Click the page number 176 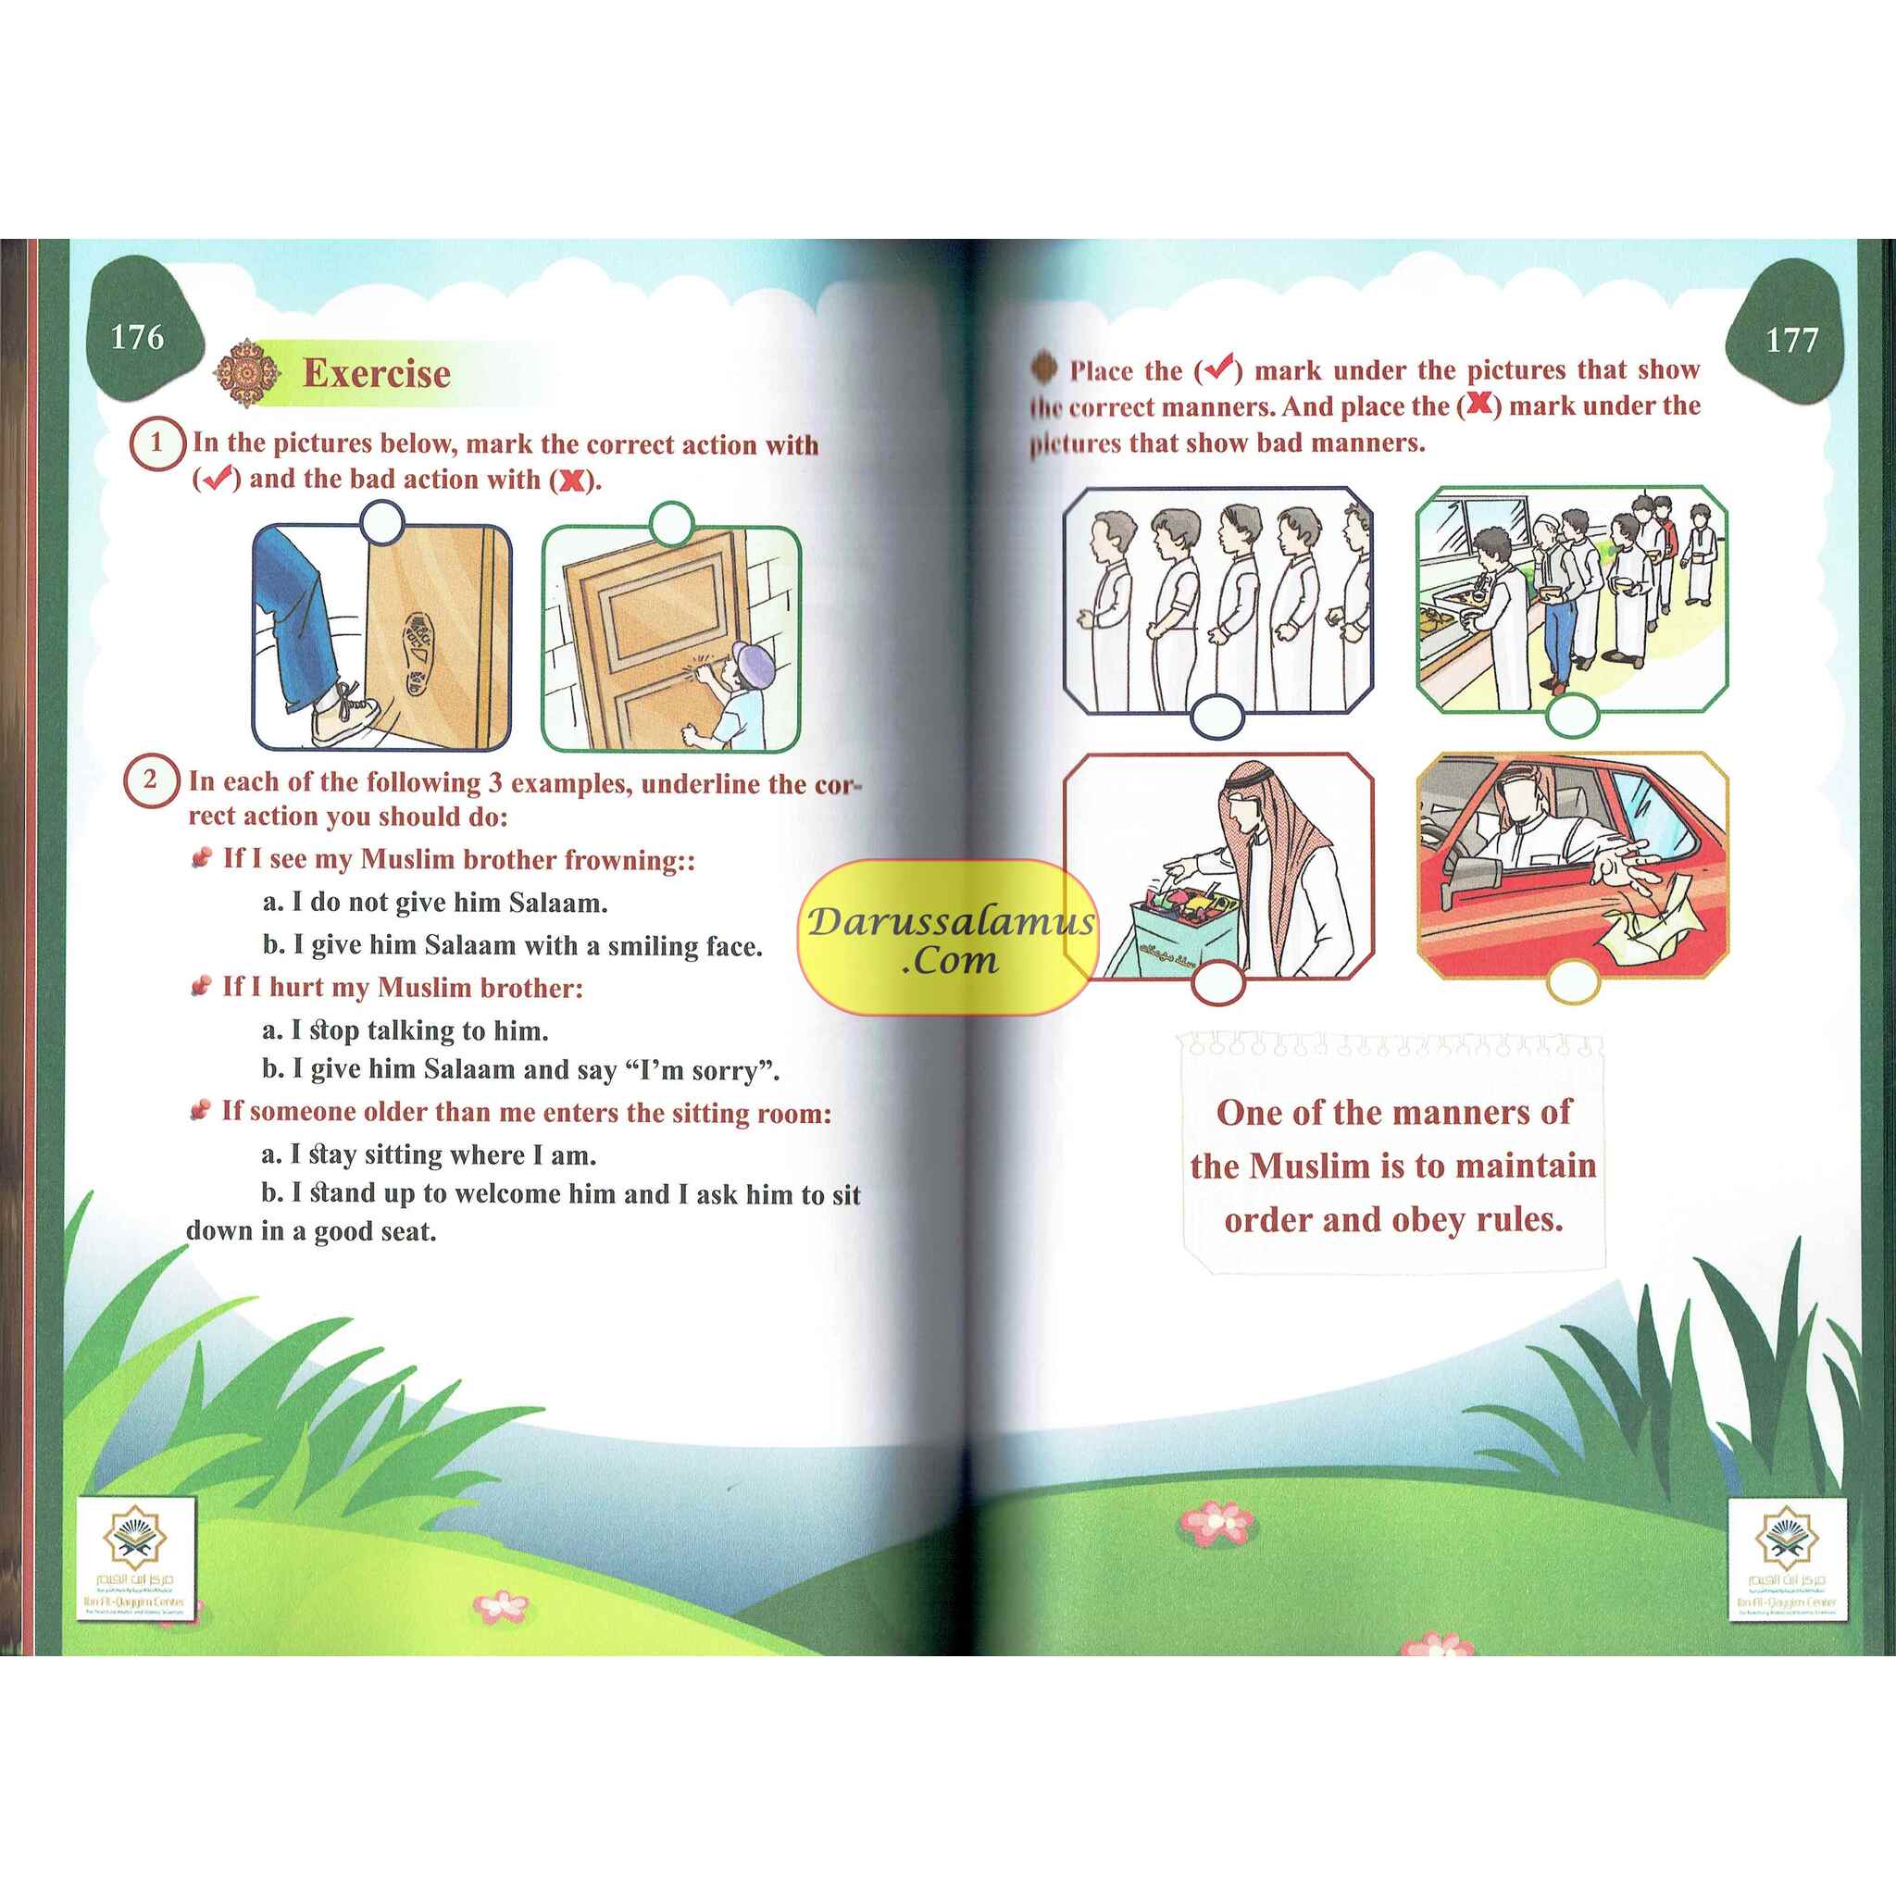point(137,338)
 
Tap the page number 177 point(1792,341)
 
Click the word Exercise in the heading point(377,374)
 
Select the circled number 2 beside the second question point(150,781)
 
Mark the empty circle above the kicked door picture point(381,523)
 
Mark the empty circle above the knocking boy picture point(671,524)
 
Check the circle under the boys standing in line point(1216,717)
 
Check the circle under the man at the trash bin point(1218,982)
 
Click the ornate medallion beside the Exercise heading point(247,373)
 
